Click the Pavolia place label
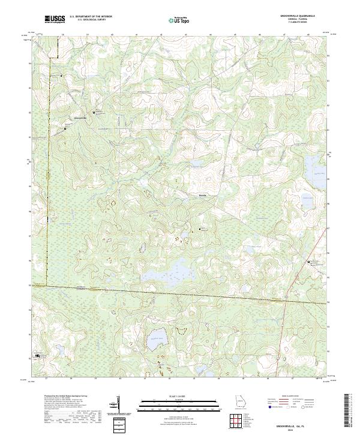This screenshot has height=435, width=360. point(203,195)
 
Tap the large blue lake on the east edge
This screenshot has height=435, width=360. point(314,163)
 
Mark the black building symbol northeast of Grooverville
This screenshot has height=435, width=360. point(94,112)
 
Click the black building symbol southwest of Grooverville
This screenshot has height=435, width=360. point(65,128)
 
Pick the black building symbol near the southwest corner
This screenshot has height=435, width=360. point(37,356)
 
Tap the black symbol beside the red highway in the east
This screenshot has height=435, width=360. point(308,263)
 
